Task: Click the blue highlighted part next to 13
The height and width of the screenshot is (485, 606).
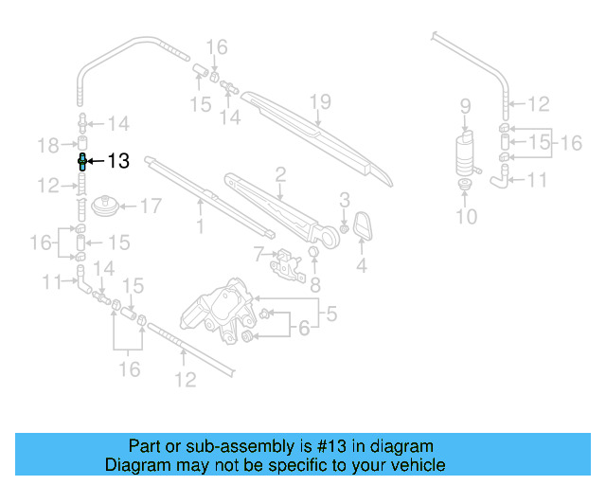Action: pyautogui.click(x=82, y=161)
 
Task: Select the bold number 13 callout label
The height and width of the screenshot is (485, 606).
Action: pyautogui.click(x=117, y=162)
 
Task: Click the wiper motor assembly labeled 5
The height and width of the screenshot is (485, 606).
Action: pyautogui.click(x=223, y=313)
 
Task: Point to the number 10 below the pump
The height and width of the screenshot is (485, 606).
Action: pyautogui.click(x=465, y=217)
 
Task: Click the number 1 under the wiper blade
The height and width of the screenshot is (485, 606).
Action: pyautogui.click(x=200, y=226)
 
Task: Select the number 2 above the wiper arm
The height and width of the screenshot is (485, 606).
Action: pyautogui.click(x=280, y=174)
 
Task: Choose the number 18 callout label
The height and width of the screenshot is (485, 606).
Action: pyautogui.click(x=48, y=144)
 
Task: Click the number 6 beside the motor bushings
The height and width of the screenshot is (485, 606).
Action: pyautogui.click(x=304, y=329)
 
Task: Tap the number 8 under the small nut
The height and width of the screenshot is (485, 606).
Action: pyautogui.click(x=316, y=282)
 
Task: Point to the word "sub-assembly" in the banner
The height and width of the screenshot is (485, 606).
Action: pyautogui.click(x=221, y=446)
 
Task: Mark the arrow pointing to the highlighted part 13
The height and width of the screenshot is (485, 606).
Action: pyautogui.click(x=96, y=162)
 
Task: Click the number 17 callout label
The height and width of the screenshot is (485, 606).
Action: pyautogui.click(x=151, y=206)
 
